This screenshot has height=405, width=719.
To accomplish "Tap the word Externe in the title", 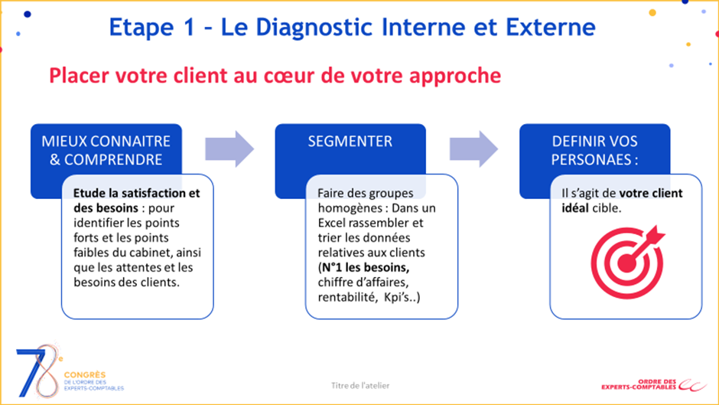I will click(549, 28).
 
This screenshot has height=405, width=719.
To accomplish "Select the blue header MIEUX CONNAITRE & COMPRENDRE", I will click(106, 150).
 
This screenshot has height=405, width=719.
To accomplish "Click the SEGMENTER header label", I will click(350, 142).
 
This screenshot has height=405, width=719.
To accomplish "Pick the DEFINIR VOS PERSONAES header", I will click(594, 150).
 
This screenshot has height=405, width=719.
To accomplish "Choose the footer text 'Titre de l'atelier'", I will click(360, 385).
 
